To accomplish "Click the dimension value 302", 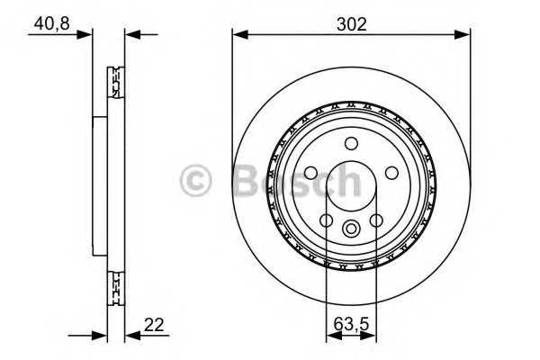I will pyautogui.click(x=351, y=22).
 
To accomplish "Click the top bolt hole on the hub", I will pyautogui.click(x=351, y=141).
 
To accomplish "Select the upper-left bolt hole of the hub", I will pyautogui.click(x=310, y=172).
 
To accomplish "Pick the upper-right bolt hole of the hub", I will pyautogui.click(x=391, y=172).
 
